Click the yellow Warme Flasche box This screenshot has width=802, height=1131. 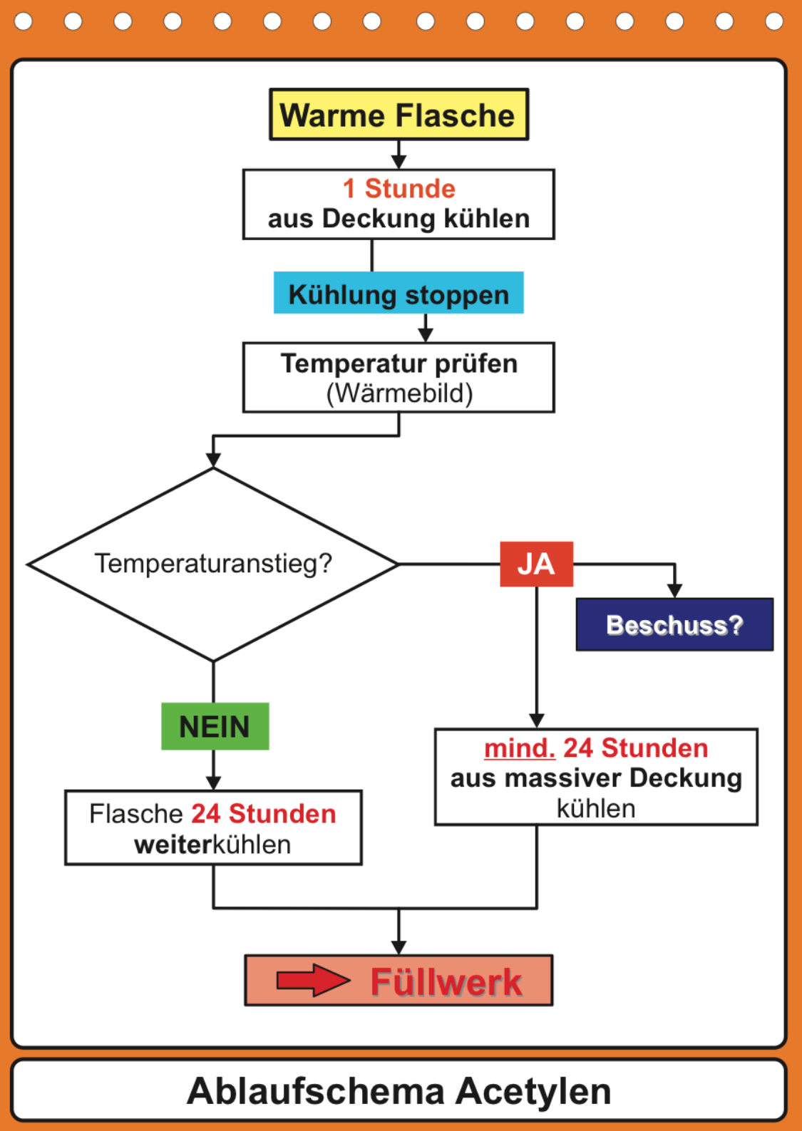tap(399, 115)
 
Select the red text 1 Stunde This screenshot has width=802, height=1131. tap(399, 189)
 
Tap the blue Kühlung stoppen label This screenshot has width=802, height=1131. tap(399, 294)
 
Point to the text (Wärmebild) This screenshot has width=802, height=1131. tap(399, 393)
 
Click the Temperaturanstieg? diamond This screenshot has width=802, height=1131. tap(213, 564)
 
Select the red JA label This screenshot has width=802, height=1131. tap(536, 564)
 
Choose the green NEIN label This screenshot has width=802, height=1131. tap(215, 726)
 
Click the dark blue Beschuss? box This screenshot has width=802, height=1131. tap(674, 625)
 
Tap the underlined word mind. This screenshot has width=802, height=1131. tap(519, 748)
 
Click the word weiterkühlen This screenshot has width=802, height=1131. tap(212, 845)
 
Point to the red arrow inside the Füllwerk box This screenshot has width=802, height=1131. tap(312, 981)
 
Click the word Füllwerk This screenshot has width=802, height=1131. tap(446, 982)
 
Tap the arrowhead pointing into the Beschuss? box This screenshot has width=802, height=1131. tap(674, 591)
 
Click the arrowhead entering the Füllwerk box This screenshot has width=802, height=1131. tap(399, 947)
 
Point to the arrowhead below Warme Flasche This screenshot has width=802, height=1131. tap(399, 162)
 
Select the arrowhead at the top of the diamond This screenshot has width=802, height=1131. tap(213, 460)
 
